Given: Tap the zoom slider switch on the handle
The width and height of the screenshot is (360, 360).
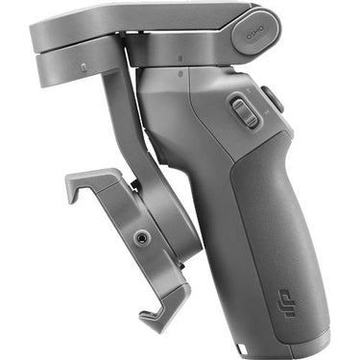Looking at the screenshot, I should click(245, 112).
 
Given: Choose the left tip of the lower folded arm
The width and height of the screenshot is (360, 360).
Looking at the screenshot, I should click(39, 65).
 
